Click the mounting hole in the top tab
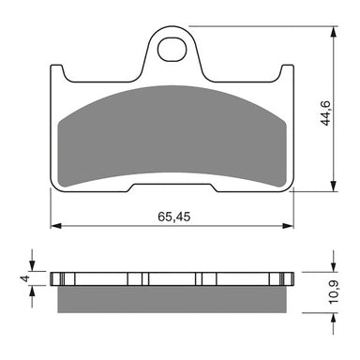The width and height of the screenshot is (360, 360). pyautogui.click(x=171, y=46)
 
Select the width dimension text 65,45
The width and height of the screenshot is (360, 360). pyautogui.click(x=172, y=216)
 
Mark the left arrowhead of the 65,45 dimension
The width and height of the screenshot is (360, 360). pyautogui.click(x=54, y=226)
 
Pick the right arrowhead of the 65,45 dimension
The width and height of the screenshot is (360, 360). pyautogui.click(x=288, y=226)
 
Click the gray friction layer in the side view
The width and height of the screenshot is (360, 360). pyautogui.click(x=171, y=299)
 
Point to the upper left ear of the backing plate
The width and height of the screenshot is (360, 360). pyautogui.click(x=57, y=73)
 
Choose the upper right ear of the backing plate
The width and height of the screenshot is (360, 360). pyautogui.click(x=285, y=73)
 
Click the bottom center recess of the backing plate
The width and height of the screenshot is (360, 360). pyautogui.click(x=171, y=190)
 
